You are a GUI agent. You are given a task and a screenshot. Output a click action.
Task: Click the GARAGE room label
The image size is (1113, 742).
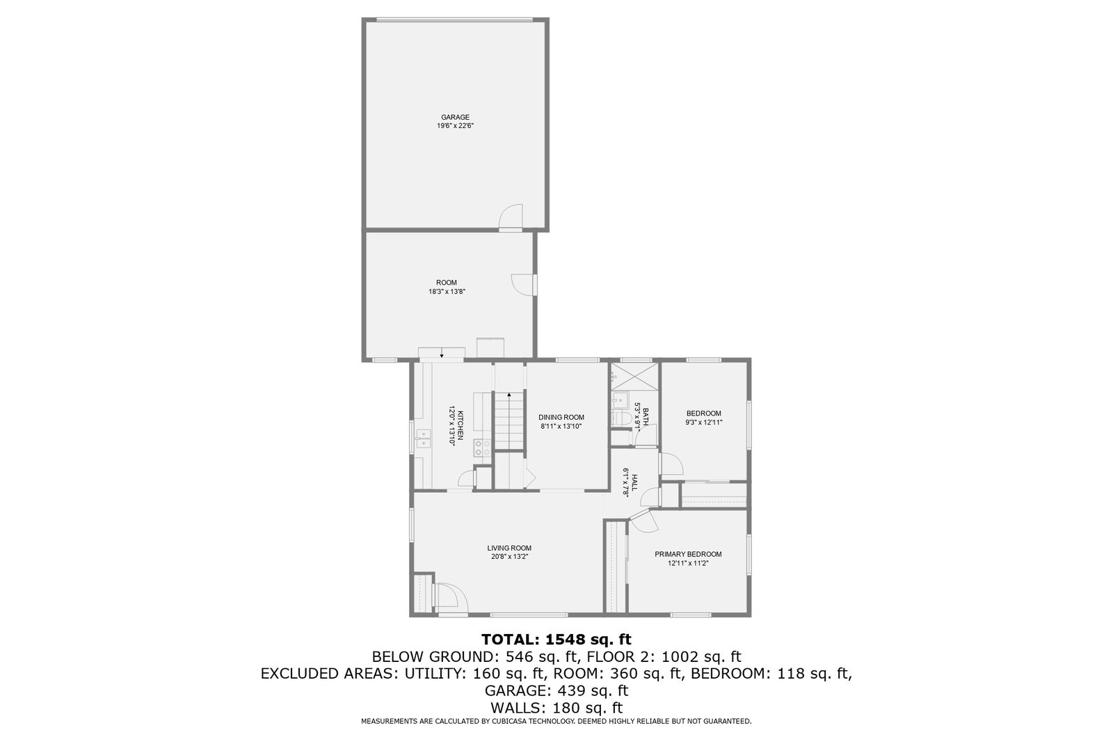[x=455, y=118]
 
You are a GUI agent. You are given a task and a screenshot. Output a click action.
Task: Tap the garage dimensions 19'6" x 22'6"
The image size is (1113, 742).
[x=455, y=126]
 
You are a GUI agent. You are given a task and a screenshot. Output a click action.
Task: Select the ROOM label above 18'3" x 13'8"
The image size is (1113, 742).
[x=447, y=283]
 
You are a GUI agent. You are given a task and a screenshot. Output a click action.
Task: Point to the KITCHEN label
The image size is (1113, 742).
[x=461, y=425]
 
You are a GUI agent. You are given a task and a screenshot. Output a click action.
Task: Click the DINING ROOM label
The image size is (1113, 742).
[x=561, y=417]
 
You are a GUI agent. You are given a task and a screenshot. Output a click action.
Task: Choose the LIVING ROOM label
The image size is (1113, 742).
[x=509, y=548]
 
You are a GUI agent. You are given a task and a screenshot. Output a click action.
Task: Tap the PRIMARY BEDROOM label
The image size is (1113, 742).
[x=688, y=554]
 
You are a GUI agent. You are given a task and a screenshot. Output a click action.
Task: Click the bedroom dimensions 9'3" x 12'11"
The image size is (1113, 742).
[x=703, y=423]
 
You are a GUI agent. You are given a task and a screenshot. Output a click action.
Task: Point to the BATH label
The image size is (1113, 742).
[x=646, y=417]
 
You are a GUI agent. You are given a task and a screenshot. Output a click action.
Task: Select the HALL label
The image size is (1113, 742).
[x=634, y=482]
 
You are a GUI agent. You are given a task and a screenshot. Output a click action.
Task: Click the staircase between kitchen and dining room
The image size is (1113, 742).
[x=509, y=420]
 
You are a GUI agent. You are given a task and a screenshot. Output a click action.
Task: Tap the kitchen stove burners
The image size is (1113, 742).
[x=482, y=448]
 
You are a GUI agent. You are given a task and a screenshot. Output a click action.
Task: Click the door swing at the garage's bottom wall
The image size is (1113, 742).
[x=511, y=216]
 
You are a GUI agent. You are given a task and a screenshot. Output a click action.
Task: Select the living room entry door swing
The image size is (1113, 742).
[x=450, y=595]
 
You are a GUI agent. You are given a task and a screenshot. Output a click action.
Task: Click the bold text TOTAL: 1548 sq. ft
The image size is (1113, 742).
[x=556, y=639]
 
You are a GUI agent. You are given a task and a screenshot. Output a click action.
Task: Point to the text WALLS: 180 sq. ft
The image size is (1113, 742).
[x=556, y=708]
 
